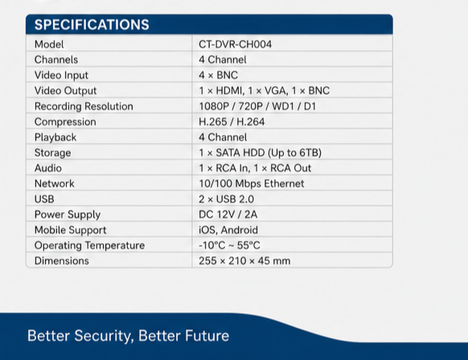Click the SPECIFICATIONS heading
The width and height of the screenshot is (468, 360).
tap(92, 24)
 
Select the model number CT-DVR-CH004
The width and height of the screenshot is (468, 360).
tap(235, 44)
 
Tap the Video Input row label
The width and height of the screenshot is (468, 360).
tap(61, 76)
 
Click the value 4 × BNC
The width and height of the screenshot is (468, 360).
tap(218, 76)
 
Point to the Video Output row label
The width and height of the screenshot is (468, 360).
tap(65, 91)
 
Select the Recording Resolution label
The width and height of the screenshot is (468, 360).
tap(84, 106)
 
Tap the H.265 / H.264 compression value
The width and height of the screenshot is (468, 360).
tap(232, 121)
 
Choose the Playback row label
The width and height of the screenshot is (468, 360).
tap(55, 137)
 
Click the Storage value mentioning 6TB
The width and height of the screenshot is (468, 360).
tap(260, 153)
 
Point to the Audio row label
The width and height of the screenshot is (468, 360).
tap(48, 168)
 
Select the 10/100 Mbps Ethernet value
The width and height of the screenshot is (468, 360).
tap(252, 184)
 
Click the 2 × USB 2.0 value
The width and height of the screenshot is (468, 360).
tap(226, 199)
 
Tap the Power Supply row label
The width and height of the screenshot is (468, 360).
tap(68, 215)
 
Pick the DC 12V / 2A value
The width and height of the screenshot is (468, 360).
tap(228, 215)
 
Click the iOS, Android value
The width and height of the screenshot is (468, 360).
tap(228, 230)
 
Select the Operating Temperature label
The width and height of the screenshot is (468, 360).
tap(89, 246)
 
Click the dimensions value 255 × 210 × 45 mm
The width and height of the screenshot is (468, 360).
tap(244, 261)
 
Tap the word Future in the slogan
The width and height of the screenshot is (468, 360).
tap(207, 336)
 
